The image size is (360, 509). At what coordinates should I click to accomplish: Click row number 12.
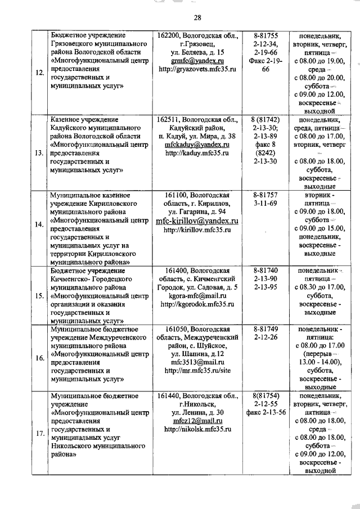39,72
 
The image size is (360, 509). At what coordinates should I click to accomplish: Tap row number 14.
39,224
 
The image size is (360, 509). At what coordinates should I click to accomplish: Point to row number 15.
39,295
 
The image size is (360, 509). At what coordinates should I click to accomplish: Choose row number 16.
39,358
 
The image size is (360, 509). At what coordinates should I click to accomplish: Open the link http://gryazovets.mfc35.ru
197,69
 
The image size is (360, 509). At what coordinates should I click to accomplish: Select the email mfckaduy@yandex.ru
197,145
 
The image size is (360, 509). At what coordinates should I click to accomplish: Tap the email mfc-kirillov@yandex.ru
197,220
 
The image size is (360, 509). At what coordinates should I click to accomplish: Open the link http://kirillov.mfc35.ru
197,230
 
